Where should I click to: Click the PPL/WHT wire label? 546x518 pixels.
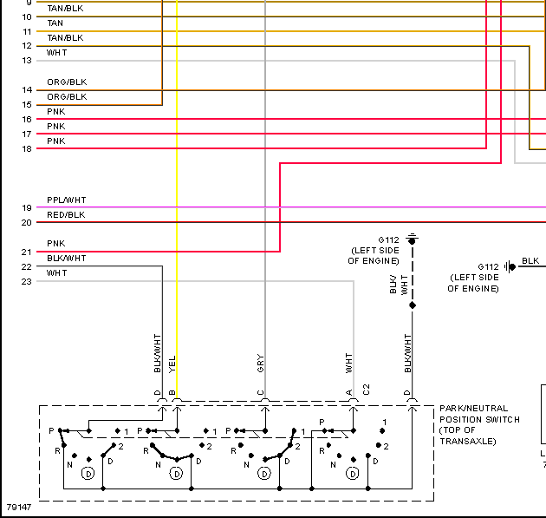point(66,200)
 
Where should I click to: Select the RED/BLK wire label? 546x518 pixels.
point(66,214)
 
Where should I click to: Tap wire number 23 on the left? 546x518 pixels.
point(27,281)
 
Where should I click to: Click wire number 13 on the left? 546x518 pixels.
point(27,61)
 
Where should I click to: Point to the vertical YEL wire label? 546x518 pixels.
point(172,365)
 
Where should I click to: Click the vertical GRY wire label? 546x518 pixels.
point(261,364)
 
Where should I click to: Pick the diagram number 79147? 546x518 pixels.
point(19,507)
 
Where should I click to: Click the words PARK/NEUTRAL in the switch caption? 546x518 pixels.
point(474,408)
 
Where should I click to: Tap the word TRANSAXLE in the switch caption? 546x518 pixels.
point(467,442)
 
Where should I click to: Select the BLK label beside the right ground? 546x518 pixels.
point(530,261)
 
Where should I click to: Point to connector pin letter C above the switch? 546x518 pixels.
point(261,393)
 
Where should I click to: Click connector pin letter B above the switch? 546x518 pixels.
point(172,393)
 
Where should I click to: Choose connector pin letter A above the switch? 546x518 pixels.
point(349,393)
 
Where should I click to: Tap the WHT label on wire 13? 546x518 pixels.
point(56,53)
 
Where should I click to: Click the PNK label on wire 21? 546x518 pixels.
point(55,244)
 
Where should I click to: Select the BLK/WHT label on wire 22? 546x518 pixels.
point(66,259)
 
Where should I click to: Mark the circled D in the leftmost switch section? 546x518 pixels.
point(88,473)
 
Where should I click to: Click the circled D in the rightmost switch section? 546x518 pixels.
point(353,473)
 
